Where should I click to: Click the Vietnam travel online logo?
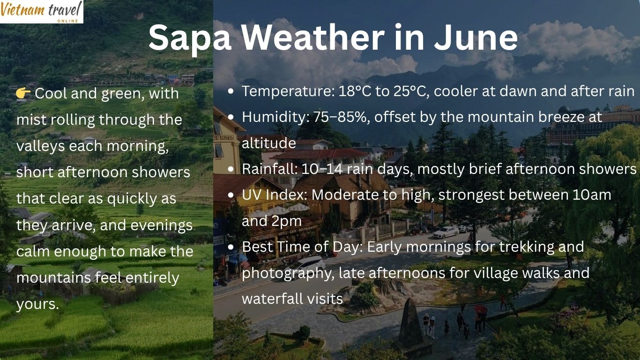tap(41, 11)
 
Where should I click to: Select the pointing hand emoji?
tap(23, 93)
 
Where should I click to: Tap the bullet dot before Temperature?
tap(231, 92)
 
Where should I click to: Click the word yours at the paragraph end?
tap(37, 304)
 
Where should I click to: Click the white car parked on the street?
tap(446, 232)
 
